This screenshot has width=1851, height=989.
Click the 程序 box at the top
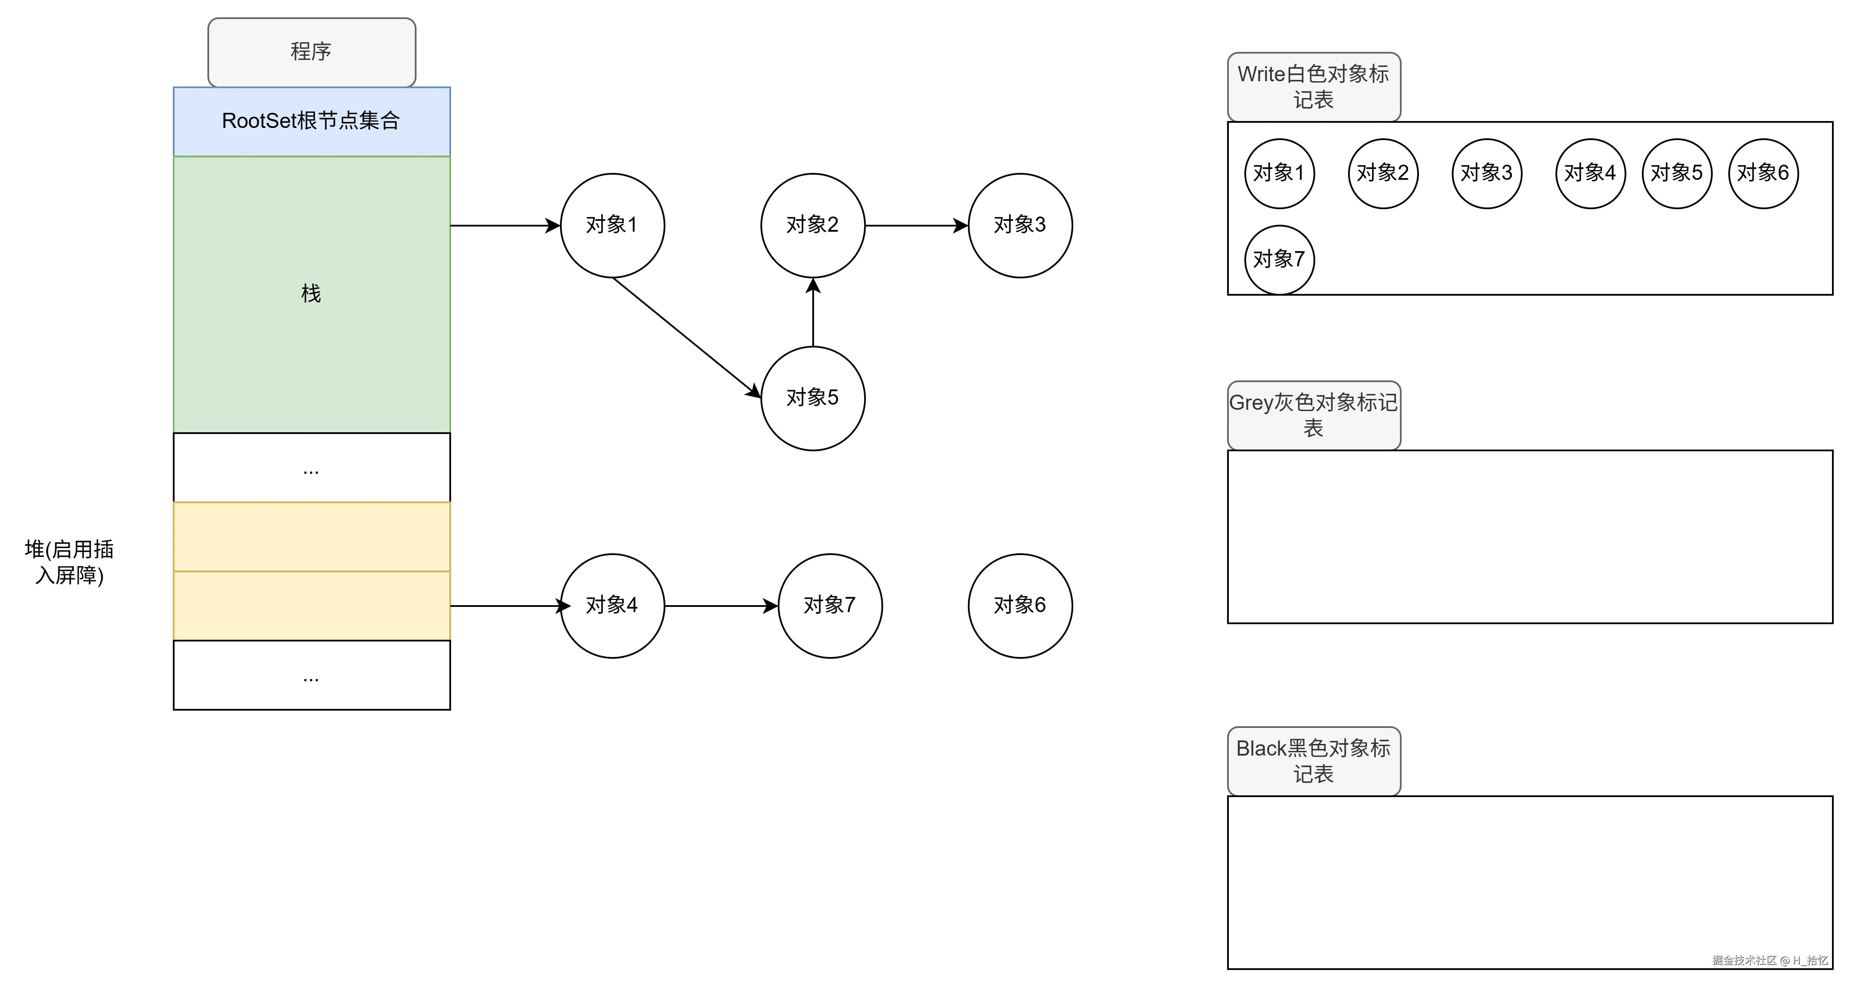click(311, 52)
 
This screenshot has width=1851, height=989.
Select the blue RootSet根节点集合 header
click(311, 121)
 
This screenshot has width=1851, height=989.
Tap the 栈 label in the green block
click(311, 293)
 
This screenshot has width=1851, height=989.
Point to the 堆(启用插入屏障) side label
click(70, 562)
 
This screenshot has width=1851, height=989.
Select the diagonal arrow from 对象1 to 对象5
click(686, 336)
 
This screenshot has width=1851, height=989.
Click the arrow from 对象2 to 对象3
click(916, 226)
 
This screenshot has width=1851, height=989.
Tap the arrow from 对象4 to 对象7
click(721, 606)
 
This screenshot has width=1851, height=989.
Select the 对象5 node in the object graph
click(813, 398)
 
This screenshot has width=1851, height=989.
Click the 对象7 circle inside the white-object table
click(1279, 259)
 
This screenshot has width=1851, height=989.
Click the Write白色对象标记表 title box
click(1314, 86)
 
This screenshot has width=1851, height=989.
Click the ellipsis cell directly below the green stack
click(311, 468)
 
